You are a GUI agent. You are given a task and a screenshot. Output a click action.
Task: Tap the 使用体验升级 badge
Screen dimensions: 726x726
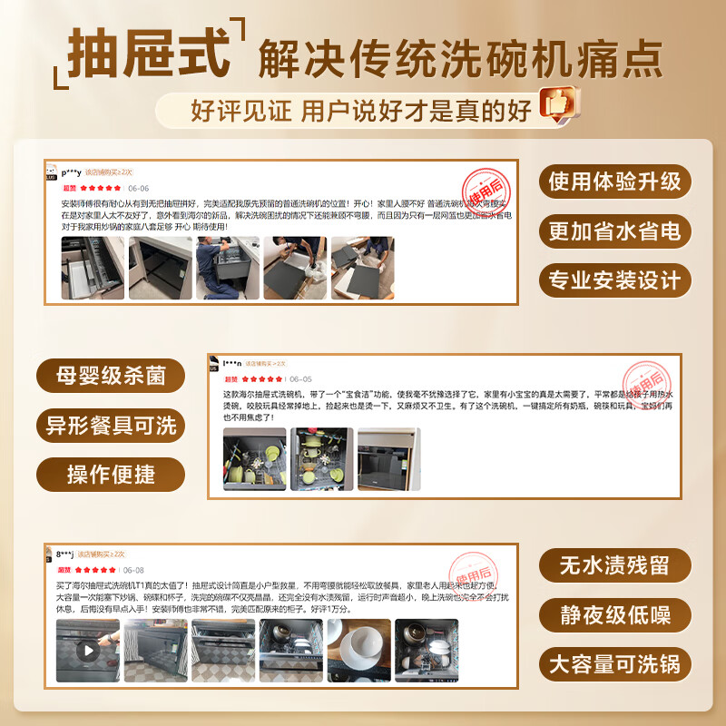coord(613,181)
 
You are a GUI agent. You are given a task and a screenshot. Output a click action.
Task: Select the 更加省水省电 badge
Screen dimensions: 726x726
coord(613,231)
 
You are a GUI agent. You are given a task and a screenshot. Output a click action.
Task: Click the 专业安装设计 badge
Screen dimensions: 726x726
coord(613,280)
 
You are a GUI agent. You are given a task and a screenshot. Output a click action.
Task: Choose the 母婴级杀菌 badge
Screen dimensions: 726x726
coord(111,376)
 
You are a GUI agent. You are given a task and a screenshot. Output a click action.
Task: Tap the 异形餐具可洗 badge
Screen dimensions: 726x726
coord(111,425)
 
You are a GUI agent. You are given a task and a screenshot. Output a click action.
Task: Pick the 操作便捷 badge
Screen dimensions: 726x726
coord(111,474)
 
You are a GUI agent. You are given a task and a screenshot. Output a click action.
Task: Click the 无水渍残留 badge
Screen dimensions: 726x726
coord(613,566)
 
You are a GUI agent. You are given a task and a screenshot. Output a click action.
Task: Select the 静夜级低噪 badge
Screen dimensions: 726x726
coord(613,615)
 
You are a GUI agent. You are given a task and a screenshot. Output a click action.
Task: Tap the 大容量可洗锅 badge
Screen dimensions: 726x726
coord(613,664)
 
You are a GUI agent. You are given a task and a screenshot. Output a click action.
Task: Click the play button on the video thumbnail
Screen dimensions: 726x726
coord(88,650)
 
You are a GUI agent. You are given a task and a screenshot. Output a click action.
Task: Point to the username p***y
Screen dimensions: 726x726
coord(72,172)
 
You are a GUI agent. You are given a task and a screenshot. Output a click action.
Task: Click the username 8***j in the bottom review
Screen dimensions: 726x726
coord(64,554)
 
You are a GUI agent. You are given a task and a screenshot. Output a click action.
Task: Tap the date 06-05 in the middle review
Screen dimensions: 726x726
coord(300,379)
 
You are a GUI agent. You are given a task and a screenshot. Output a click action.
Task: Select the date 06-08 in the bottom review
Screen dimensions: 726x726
coord(133,570)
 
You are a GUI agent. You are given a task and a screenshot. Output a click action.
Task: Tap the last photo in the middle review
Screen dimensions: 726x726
coord(389,459)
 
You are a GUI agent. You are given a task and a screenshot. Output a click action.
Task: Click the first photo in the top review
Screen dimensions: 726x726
coord(92,269)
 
